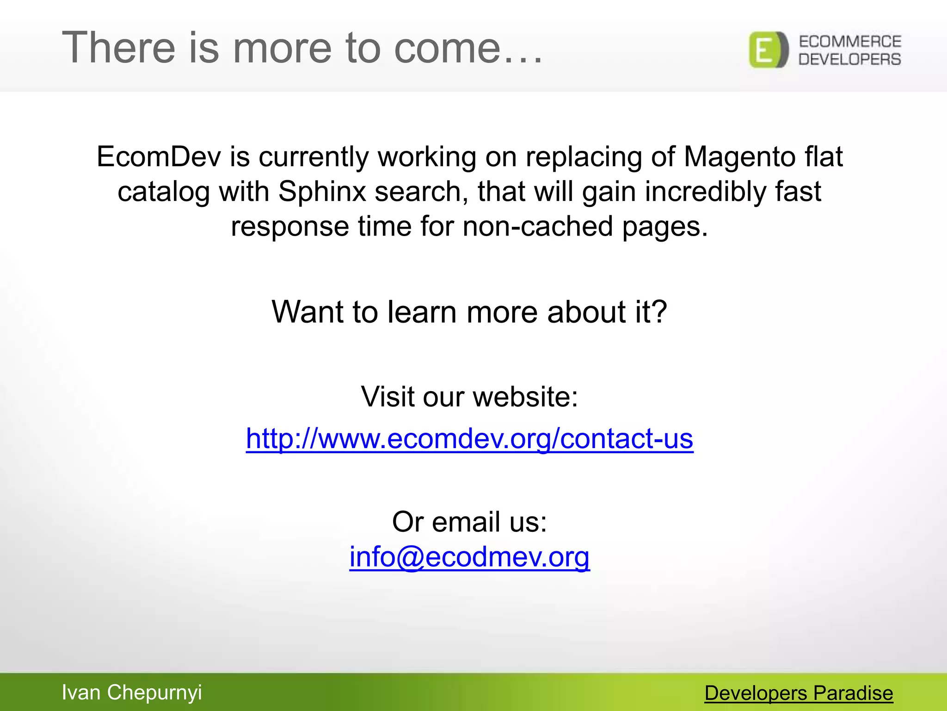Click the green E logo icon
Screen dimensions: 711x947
click(768, 50)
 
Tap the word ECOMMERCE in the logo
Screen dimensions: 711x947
click(850, 42)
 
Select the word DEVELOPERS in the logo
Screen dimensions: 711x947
click(850, 59)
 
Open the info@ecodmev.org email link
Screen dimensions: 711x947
click(469, 556)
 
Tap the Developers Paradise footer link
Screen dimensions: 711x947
click(799, 693)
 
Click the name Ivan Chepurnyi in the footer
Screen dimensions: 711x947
click(132, 692)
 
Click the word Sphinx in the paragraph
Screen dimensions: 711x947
click(322, 191)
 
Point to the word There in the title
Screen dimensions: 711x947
click(118, 48)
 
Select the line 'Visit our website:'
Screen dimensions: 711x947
click(469, 397)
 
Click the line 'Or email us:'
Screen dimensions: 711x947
click(469, 522)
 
